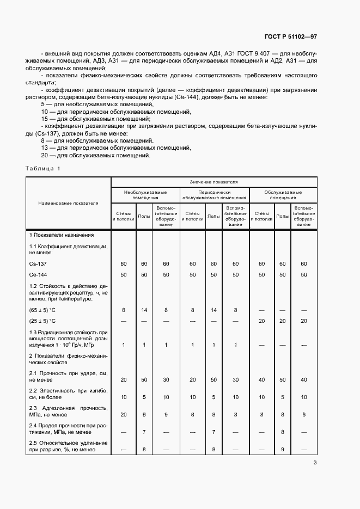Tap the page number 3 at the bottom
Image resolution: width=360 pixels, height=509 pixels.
click(x=315, y=463)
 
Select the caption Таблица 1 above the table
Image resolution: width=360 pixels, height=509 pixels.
click(x=43, y=168)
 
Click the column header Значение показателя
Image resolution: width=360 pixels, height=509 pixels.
click(x=213, y=181)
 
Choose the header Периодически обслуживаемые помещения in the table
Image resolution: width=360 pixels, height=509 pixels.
click(x=214, y=195)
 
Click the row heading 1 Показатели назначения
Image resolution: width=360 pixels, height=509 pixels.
click(x=62, y=235)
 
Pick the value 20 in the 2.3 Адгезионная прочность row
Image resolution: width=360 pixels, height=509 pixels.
click(x=124, y=414)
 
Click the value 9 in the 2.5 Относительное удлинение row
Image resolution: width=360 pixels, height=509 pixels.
click(x=282, y=449)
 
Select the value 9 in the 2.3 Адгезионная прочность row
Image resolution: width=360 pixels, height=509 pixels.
click(x=144, y=414)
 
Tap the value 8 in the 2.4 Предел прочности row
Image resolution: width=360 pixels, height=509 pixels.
click(x=282, y=432)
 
